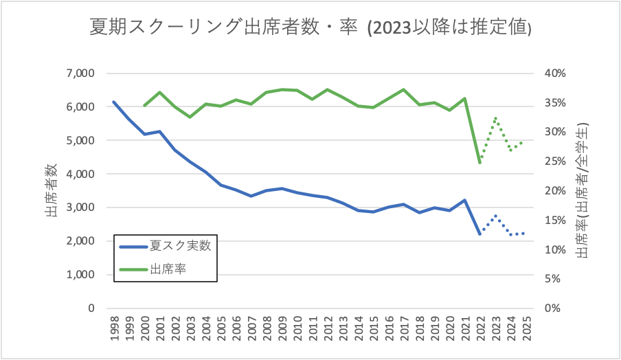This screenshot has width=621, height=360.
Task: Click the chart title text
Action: pos(311,27)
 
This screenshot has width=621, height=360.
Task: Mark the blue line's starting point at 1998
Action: pos(113,102)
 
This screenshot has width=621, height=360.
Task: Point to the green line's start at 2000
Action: pos(144,106)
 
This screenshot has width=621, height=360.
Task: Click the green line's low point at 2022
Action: pos(479,163)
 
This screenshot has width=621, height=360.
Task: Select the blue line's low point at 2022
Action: pos(479,234)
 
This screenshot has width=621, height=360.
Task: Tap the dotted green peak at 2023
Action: pos(495,118)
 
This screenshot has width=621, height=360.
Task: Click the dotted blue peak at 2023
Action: pos(495,216)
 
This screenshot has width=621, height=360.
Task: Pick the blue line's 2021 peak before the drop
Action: pos(464,201)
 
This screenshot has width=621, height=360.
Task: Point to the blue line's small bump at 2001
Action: pos(159,131)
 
